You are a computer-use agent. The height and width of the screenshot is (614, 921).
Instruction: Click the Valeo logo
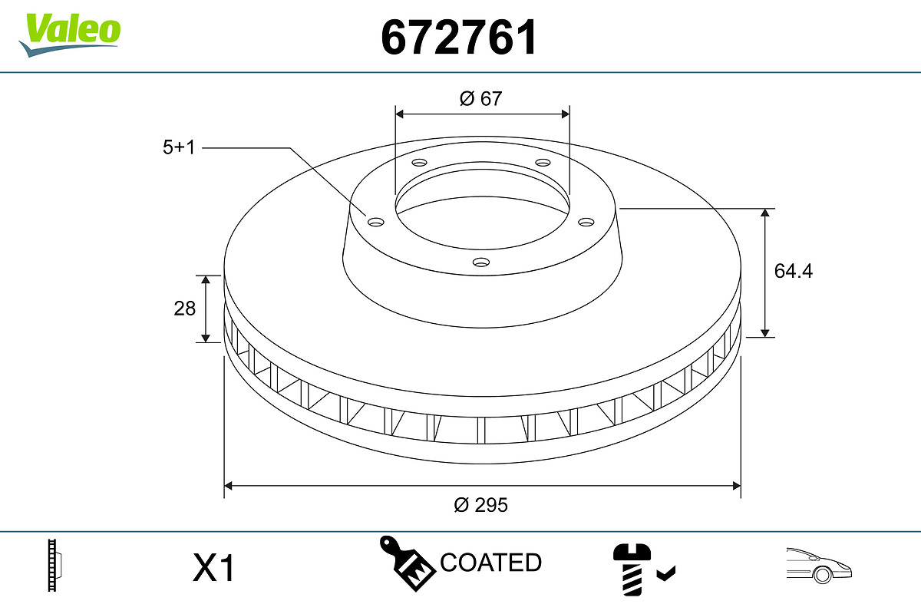pos(70,35)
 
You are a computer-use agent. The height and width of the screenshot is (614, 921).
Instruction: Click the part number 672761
pos(459,38)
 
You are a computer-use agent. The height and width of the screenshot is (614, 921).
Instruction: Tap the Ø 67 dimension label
pos(480,99)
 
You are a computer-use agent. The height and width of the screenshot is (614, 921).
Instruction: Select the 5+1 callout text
pos(178,147)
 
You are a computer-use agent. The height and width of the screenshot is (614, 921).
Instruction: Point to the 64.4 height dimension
pos(793,271)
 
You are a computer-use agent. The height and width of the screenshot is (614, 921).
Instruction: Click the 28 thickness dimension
pos(185,309)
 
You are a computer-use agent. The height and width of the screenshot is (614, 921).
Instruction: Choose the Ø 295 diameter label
pos(480,505)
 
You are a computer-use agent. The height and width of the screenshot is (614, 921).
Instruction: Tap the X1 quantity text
pos(213,567)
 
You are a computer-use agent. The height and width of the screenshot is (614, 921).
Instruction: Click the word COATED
pos(491,562)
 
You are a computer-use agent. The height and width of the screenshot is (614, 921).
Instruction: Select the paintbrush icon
pos(407,563)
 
